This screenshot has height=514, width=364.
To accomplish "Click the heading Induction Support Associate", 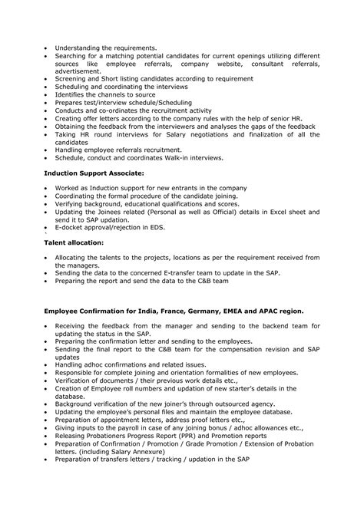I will (x=94, y=174).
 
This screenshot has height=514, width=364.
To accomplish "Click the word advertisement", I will (x=81, y=71).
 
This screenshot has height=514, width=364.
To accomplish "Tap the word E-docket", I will (x=73, y=228).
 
